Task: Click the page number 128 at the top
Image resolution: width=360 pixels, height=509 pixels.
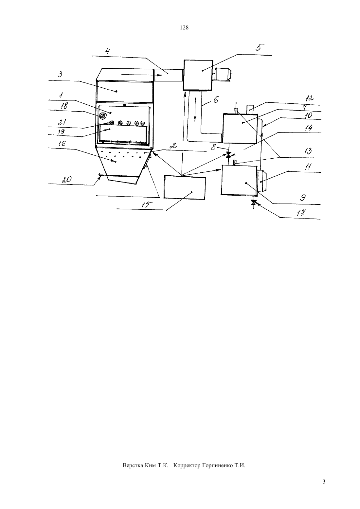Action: [184, 28]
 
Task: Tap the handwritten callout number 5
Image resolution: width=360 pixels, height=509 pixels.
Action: [260, 47]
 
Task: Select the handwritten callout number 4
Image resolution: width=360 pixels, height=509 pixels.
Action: [107, 50]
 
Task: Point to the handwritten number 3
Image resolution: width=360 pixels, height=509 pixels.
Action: [60, 74]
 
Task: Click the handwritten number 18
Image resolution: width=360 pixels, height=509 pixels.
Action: [64, 106]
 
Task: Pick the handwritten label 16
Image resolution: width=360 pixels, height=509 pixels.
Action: [62, 143]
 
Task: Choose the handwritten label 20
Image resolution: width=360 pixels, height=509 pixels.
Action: [66, 180]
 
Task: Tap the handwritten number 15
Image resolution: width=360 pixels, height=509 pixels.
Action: [145, 205]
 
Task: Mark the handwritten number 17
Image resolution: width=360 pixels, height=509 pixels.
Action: [301, 213]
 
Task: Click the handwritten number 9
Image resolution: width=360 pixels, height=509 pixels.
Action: [303, 198]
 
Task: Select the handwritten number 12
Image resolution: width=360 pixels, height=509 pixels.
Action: [309, 98]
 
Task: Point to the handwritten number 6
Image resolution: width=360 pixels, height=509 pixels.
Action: [216, 99]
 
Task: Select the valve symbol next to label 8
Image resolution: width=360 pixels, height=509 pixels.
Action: [229, 155]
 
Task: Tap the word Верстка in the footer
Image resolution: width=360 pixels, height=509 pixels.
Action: [133, 465]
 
